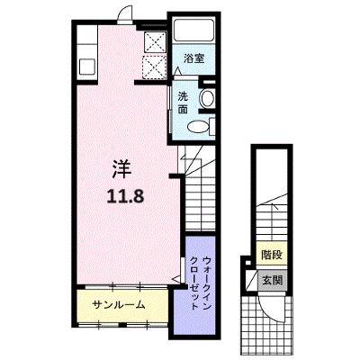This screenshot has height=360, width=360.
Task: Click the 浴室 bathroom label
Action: (194, 58)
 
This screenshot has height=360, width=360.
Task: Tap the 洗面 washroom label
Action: (183, 103)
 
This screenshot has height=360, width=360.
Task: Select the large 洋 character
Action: (122, 170)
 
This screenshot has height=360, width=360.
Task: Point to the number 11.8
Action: (125, 196)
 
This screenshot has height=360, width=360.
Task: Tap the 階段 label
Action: (272, 255)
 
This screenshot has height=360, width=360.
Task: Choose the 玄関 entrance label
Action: (272, 281)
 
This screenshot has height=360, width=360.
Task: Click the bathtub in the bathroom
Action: (194, 31)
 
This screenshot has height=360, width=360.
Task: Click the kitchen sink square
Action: (87, 67)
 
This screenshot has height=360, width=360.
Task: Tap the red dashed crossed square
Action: (154, 67)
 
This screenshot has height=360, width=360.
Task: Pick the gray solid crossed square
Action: (155, 42)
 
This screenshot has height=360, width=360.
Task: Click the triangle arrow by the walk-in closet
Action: (176, 279)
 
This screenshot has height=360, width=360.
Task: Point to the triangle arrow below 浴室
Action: (178, 71)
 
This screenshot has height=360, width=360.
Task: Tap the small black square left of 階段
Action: (248, 263)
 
